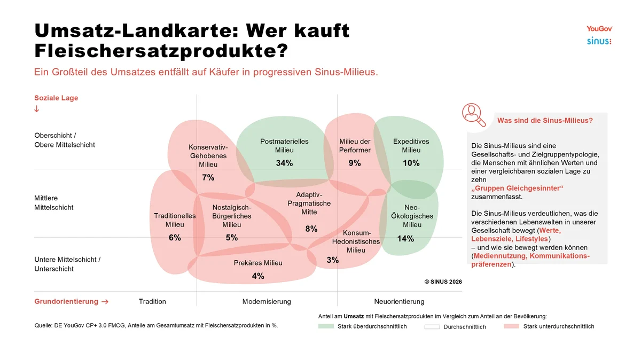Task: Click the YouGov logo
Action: click(599, 29)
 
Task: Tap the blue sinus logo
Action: click(599, 41)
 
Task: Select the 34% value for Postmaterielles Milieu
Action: click(284, 163)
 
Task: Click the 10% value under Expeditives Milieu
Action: click(411, 163)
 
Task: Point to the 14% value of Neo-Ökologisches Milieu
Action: click(405, 238)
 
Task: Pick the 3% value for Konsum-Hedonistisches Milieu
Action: click(332, 260)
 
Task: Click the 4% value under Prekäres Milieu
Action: click(258, 276)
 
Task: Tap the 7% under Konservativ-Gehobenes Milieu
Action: click(208, 177)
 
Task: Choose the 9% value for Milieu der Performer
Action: click(355, 163)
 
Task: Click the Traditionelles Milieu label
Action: click(175, 220)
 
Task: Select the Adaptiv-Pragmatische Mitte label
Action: click(309, 203)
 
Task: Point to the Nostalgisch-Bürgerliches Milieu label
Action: click(231, 216)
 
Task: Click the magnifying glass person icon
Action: click(474, 114)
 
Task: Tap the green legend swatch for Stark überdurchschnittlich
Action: click(326, 326)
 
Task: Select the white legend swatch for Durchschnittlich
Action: click(432, 326)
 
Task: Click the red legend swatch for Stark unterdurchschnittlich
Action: click(511, 326)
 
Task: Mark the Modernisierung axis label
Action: click(267, 301)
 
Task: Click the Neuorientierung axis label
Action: click(399, 301)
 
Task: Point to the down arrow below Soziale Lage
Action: click(37, 109)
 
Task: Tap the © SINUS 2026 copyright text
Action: click(443, 281)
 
